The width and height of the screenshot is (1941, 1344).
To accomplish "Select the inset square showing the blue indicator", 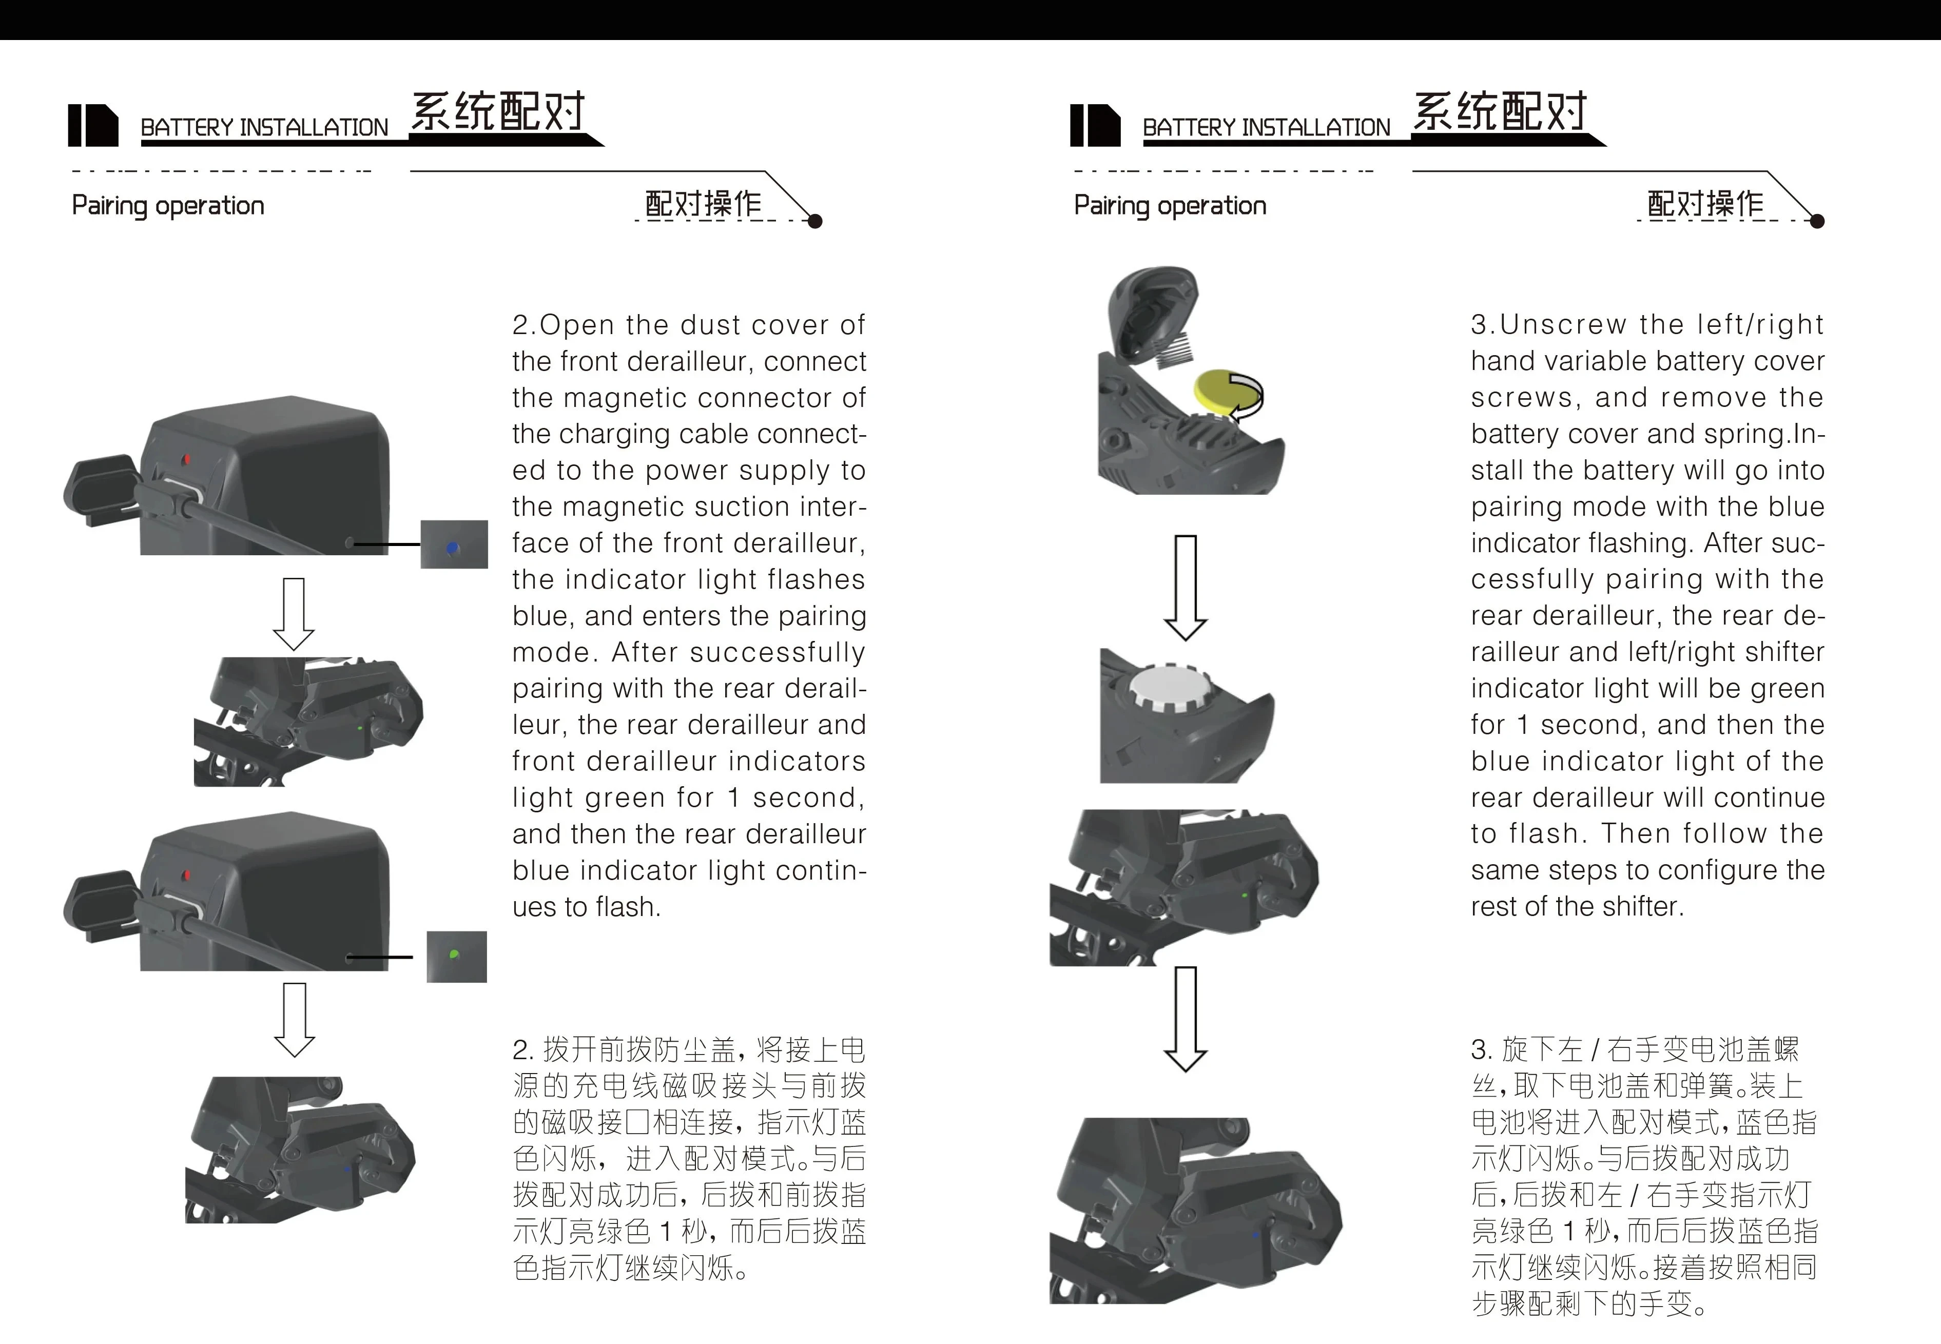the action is [x=454, y=544].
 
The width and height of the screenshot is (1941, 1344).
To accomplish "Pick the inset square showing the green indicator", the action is [x=456, y=957].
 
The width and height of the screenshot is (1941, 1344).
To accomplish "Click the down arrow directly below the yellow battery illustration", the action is [x=1186, y=588].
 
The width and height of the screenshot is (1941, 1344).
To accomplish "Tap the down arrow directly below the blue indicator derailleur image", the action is [x=294, y=614].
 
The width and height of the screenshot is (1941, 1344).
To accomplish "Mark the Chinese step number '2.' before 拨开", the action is [x=523, y=1050].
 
